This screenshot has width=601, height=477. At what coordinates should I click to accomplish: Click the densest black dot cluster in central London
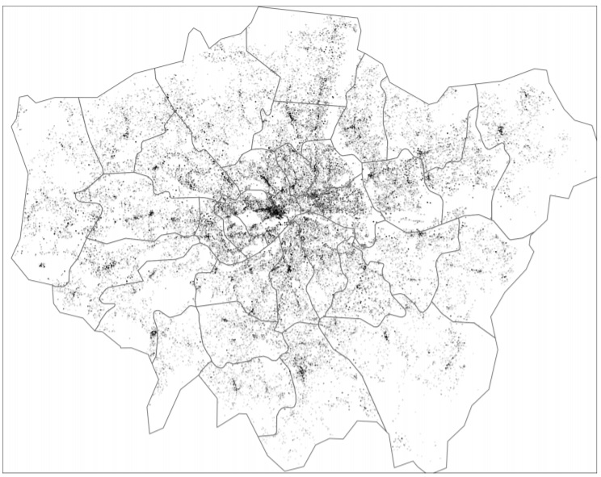[275, 212]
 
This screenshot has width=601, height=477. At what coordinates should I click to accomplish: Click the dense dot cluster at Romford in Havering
[500, 130]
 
